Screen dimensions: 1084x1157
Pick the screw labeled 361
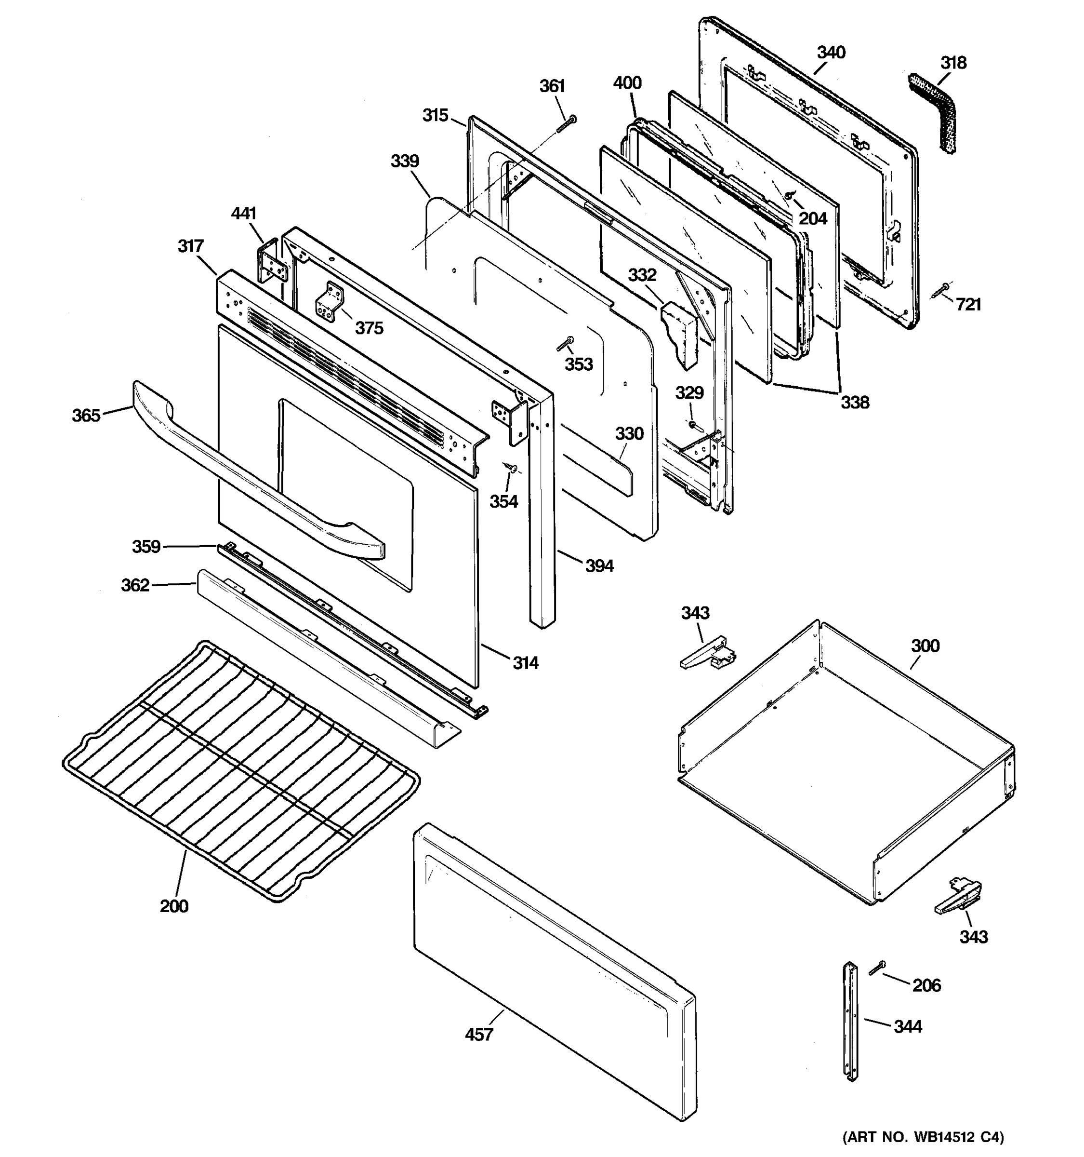pyautogui.click(x=566, y=124)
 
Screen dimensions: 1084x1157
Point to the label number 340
pyautogui.click(x=831, y=53)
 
